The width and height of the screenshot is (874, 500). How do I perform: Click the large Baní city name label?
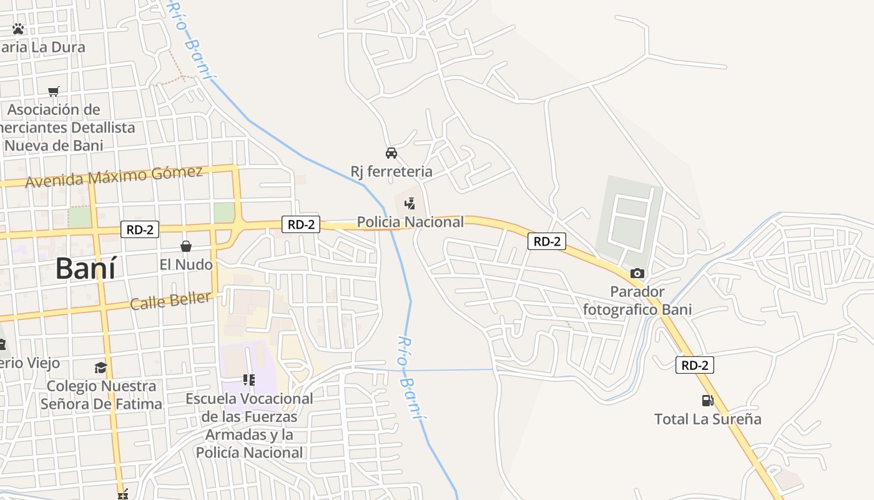pos(86,268)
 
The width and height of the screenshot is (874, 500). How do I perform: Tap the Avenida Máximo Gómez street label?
pos(114,176)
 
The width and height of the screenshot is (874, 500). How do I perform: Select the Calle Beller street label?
pos(170,301)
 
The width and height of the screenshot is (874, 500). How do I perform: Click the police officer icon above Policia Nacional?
pos(410,203)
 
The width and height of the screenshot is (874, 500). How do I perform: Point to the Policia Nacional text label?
pos(410,222)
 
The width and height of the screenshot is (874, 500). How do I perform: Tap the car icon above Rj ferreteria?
pos(391,152)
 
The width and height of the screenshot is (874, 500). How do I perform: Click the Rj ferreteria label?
pos(391,171)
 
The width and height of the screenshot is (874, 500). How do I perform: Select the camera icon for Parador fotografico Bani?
pos(637,273)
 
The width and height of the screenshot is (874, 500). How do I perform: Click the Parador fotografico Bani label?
pos(637,301)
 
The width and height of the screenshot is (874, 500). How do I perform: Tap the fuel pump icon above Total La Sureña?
pos(707,401)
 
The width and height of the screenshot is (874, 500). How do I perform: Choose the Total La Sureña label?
pos(707,419)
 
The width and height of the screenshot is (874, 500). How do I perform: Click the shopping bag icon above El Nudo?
pos(186,246)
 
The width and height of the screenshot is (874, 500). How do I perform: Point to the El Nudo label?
pos(186,264)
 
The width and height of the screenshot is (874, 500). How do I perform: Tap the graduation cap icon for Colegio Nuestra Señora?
pos(101,367)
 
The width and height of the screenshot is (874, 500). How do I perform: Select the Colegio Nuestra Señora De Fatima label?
pos(101,395)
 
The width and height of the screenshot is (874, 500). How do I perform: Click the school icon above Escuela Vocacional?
pos(249,379)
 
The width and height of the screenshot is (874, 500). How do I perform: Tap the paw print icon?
pos(18,29)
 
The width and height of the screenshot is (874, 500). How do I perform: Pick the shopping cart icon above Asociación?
pos(54,92)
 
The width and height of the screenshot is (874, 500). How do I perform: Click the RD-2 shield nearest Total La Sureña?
pos(694,366)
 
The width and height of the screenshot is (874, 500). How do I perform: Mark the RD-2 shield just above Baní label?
pos(140,229)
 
